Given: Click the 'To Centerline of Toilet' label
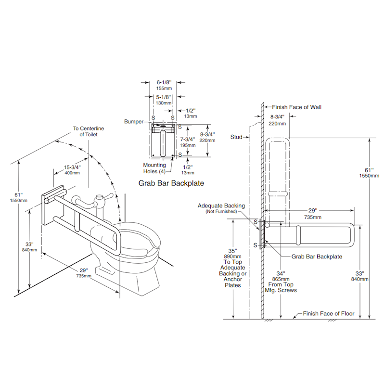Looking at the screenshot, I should click(89, 131).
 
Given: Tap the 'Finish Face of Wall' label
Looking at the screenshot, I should click(296, 107).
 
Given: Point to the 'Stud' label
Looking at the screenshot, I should click(236, 137).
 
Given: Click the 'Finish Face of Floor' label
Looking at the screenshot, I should click(328, 314).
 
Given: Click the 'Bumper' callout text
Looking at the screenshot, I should click(133, 122).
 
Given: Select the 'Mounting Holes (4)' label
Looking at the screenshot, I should click(154, 168).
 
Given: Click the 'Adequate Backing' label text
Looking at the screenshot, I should click(221, 205).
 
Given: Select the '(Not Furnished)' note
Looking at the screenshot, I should click(221, 212).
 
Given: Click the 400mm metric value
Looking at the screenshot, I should click(72, 173).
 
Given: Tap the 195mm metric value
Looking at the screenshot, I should click(188, 145).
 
